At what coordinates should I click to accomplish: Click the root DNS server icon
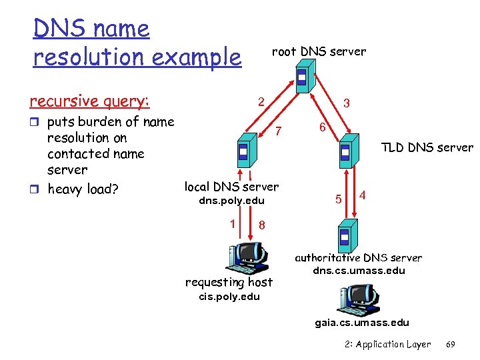tap(303, 77)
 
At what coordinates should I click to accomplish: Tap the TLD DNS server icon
tap(345, 154)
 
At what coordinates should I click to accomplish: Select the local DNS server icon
tap(243, 149)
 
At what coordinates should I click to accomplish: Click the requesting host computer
tap(245, 257)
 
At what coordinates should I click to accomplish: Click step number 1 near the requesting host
tap(232, 224)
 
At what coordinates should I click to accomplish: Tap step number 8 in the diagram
tap(262, 225)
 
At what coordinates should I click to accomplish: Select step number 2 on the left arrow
tap(262, 102)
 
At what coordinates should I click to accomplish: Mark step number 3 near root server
tap(346, 104)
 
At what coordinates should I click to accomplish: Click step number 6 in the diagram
tap(321, 127)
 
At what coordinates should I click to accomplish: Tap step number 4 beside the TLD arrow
tap(362, 195)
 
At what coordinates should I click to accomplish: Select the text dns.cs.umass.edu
tap(358, 271)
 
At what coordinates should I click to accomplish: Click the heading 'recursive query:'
tap(90, 101)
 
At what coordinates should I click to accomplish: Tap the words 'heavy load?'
tap(83, 189)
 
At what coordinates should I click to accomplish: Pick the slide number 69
tap(451, 344)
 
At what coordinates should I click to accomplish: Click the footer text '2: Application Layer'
tap(389, 344)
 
